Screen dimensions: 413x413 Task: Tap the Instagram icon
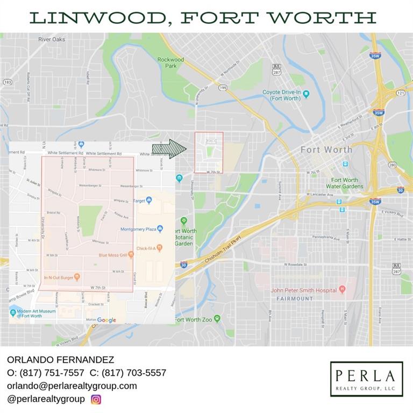point(96,399)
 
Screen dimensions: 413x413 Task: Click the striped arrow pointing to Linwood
point(169,149)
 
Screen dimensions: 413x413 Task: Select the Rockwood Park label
point(170,62)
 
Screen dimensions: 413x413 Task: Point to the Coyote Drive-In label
point(282,95)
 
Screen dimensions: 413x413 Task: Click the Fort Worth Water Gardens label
point(344,183)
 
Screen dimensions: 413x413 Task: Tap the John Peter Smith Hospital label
point(304,290)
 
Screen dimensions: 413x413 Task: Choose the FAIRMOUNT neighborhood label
point(295,298)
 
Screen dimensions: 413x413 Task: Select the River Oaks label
point(52,39)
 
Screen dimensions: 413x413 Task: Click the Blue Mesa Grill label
point(112,254)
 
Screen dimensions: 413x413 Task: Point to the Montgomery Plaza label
point(138,230)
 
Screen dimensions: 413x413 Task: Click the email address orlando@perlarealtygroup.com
point(72,386)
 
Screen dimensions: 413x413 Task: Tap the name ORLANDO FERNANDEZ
point(53,359)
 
